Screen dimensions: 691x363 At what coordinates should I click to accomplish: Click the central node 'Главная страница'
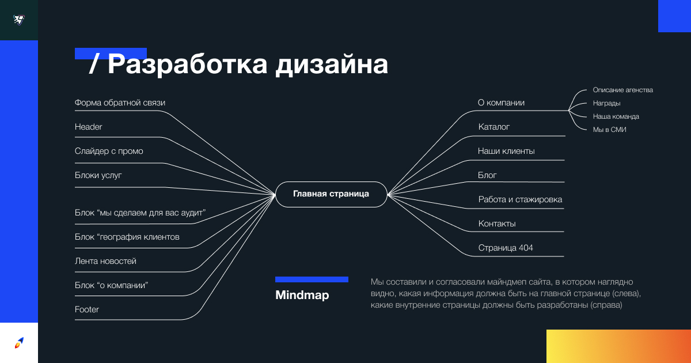(x=331, y=194)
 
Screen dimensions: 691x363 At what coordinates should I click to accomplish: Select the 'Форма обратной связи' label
(x=120, y=103)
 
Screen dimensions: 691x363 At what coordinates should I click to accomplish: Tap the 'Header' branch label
(x=88, y=127)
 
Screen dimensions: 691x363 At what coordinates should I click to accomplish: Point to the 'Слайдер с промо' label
(x=109, y=151)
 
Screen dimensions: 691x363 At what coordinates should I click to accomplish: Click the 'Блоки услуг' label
(x=98, y=175)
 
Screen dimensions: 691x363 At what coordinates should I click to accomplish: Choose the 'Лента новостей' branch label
(x=105, y=261)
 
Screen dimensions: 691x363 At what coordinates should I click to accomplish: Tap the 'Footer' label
(x=87, y=309)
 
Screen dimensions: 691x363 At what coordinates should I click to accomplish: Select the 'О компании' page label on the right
(x=501, y=103)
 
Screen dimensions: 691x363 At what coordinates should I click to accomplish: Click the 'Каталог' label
(x=494, y=127)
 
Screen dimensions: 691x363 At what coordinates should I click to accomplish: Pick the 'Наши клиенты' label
(x=506, y=151)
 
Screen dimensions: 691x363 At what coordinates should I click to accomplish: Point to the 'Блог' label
(x=487, y=175)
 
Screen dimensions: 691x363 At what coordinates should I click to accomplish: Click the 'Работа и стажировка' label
(x=520, y=199)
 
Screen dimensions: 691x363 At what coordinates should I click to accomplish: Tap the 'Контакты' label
(x=497, y=224)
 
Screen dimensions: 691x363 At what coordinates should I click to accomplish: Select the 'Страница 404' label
(x=506, y=248)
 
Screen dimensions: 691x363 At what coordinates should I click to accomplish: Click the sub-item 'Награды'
(x=606, y=103)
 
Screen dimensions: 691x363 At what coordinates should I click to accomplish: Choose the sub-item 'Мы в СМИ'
(x=610, y=130)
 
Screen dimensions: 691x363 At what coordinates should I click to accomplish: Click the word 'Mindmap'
(x=302, y=295)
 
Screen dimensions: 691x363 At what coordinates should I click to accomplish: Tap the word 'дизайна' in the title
(x=332, y=65)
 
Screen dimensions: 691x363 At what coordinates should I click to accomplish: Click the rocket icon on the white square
(x=19, y=343)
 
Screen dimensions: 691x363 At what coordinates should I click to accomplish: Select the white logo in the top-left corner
(x=19, y=20)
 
